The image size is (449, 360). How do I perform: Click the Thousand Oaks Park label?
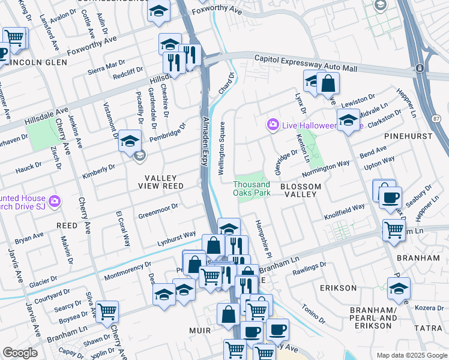point(252,189)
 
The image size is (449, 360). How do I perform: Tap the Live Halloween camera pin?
point(273,124)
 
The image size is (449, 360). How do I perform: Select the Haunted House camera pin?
point(55,200)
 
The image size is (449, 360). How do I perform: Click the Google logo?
point(20,353)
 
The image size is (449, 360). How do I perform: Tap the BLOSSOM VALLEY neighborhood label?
point(301,191)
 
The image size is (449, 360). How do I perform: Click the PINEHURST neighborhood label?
point(411,136)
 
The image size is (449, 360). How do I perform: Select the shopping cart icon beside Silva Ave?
point(107,311)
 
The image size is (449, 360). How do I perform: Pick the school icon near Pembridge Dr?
point(130,141)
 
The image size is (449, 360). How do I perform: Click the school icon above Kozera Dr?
point(399,288)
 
